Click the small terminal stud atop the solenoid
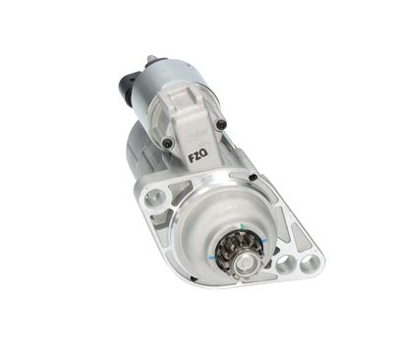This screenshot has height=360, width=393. [x=149, y=60]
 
